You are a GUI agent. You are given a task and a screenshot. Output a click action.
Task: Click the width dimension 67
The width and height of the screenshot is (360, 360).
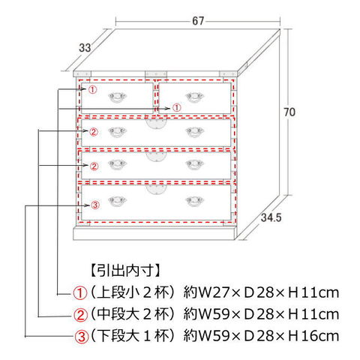[198, 21]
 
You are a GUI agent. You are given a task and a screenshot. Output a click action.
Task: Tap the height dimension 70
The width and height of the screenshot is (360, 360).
[289, 112]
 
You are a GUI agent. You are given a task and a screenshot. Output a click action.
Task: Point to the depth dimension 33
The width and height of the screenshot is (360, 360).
[85, 47]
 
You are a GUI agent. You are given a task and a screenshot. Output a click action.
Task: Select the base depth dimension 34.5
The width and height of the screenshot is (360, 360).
[271, 217]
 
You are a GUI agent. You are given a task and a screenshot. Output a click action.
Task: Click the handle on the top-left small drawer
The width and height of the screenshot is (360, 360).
[118, 97]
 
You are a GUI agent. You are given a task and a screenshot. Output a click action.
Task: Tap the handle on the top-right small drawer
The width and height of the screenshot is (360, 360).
[195, 97]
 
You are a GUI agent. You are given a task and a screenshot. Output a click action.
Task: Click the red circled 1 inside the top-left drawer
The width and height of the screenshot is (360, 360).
[92, 89]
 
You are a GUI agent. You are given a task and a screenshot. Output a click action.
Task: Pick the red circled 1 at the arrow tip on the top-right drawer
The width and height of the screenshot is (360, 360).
[176, 108]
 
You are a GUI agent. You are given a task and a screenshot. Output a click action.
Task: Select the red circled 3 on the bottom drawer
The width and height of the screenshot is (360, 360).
[95, 205]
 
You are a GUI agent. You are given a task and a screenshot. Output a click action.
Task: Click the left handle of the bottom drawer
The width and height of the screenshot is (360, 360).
[118, 201]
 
